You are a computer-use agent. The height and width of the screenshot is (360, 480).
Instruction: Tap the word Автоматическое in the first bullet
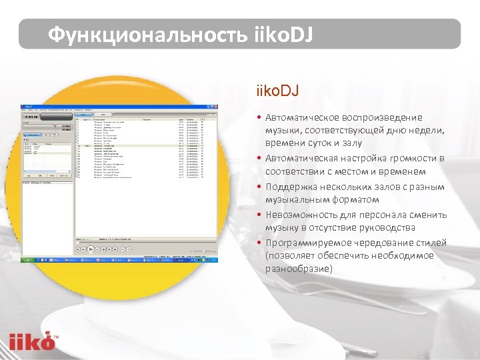click(x=301, y=117)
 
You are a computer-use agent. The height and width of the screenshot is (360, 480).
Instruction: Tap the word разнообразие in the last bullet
click(x=298, y=269)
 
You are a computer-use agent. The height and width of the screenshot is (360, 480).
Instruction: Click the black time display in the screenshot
click(x=36, y=113)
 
